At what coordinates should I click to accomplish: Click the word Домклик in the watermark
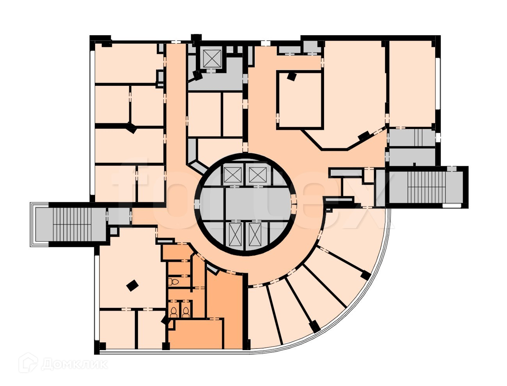pyautogui.click(x=74, y=364)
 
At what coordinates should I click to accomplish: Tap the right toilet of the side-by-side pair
pyautogui.click(x=186, y=311)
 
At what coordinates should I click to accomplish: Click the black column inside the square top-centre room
pyautogui.click(x=291, y=76)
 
